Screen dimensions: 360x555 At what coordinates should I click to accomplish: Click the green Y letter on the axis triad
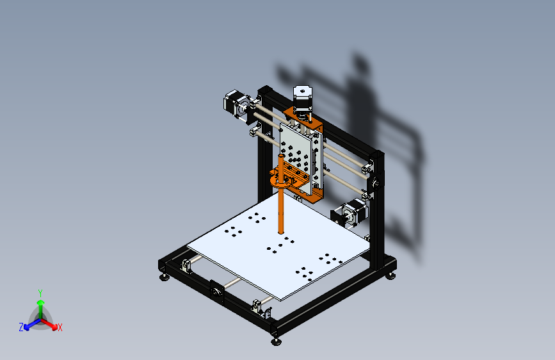40,292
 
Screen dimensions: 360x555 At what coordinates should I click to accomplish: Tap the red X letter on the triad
60,328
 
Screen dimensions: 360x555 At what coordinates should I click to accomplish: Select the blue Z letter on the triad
21,327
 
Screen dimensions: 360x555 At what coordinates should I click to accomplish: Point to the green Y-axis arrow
40,305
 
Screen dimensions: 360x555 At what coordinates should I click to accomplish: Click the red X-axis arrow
51,323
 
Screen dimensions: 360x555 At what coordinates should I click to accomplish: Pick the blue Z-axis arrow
29,323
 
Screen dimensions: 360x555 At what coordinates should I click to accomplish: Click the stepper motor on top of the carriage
302,99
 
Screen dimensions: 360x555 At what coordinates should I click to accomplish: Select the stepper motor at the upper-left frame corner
236,105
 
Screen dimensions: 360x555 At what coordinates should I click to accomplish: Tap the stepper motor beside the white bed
351,213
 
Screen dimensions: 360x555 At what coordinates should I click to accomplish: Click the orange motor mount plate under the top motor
301,119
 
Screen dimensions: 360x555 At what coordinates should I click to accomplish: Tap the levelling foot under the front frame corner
276,340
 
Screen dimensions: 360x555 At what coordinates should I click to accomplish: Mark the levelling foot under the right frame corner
390,276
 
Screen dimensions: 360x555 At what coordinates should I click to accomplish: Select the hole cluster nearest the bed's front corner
305,273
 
